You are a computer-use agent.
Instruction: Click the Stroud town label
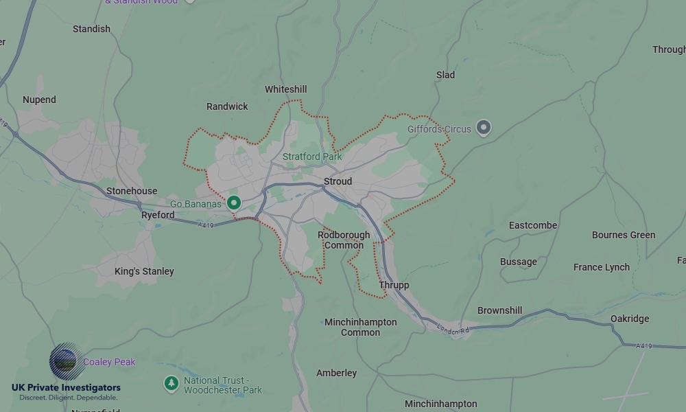[338, 181]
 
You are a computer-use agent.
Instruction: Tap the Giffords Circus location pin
[484, 128]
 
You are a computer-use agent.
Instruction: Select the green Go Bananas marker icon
[234, 203]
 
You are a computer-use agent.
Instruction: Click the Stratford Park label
[312, 157]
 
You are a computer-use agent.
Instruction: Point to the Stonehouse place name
[132, 191]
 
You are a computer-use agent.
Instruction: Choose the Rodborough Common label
[344, 240]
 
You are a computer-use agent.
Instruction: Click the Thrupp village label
[394, 285]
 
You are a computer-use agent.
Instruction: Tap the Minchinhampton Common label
[360, 327]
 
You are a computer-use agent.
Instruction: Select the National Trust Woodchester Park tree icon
[171, 383]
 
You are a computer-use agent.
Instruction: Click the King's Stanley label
[144, 271]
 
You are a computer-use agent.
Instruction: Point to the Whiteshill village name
[285, 89]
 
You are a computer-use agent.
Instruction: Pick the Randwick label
[227, 106]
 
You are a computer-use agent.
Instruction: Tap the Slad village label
[445, 75]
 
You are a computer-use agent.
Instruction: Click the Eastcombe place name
[533, 225]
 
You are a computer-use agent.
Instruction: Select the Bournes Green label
[624, 235]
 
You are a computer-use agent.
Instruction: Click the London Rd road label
[453, 330]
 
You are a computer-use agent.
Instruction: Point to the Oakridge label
[629, 319]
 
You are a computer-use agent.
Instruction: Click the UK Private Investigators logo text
[66, 388]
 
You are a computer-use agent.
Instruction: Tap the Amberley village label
[336, 373]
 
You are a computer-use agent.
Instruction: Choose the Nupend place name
[39, 100]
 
